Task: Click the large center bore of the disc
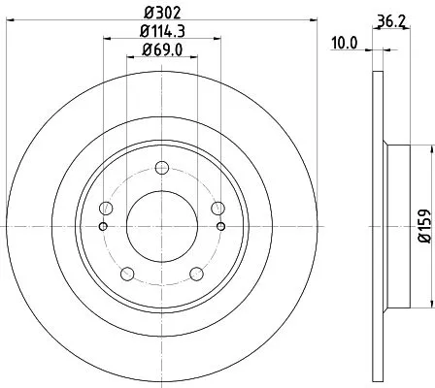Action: [x=162, y=225]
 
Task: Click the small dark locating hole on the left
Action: [x=104, y=227]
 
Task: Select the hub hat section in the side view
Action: [x=398, y=225]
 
